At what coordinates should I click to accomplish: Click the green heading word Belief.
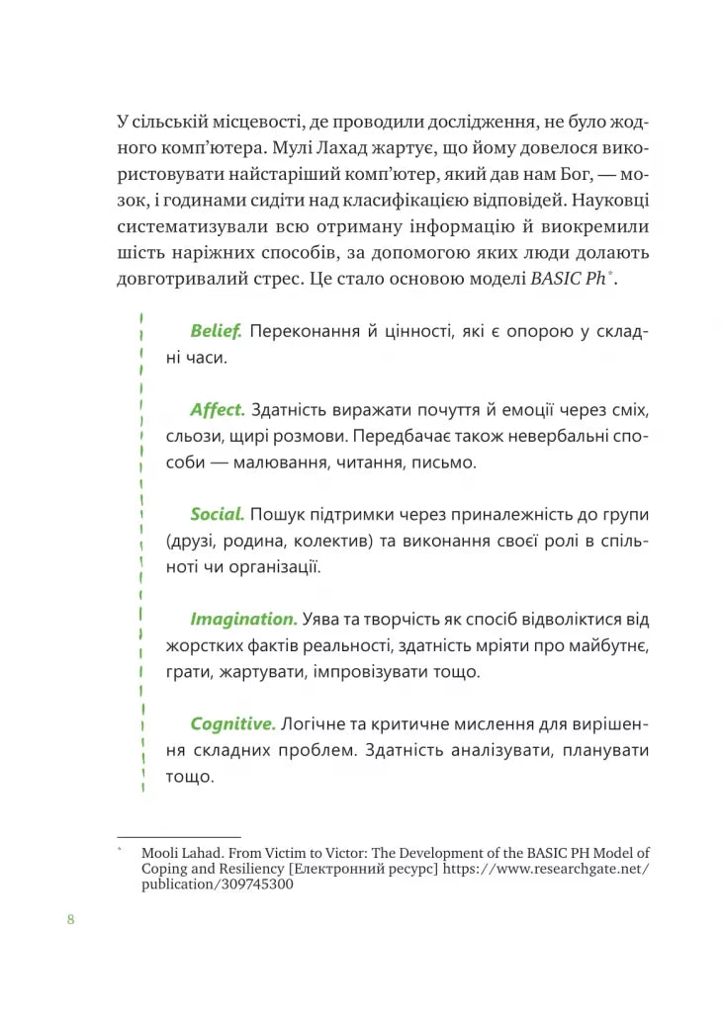tap(216, 331)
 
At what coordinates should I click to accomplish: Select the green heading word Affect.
tap(217, 410)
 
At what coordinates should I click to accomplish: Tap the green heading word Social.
tap(217, 514)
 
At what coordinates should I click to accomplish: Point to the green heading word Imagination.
tap(243, 619)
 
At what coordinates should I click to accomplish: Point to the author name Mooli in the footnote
tap(162, 852)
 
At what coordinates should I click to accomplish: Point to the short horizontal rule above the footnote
tap(178, 837)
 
